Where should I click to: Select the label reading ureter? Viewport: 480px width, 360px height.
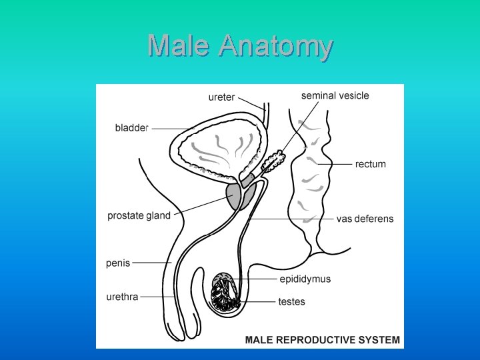(221, 97)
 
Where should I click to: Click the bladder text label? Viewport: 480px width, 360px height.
(131, 128)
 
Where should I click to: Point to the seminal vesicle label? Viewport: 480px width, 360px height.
(335, 95)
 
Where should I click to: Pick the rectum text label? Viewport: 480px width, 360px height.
(370, 164)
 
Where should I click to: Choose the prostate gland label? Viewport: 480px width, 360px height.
(139, 215)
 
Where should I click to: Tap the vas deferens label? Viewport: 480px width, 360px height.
(365, 219)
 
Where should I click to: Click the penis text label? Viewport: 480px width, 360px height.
(118, 263)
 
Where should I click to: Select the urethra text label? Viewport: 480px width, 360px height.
(123, 297)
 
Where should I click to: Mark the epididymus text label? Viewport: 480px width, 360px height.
(305, 279)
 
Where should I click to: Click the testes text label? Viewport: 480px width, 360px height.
(291, 302)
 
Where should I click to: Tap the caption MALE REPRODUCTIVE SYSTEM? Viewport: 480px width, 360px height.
(323, 340)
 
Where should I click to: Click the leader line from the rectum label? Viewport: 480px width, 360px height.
(335, 164)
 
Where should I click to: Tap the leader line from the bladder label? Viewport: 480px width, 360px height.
(171, 128)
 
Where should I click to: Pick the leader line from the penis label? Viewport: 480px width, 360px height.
(151, 263)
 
